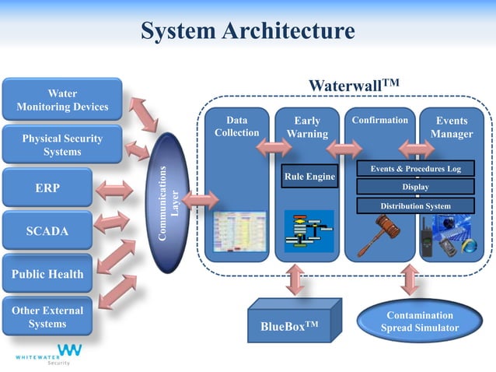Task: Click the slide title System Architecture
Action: point(247,30)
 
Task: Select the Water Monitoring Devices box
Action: point(62,100)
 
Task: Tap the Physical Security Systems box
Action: point(62,145)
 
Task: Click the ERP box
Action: point(47,188)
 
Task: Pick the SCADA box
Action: point(47,231)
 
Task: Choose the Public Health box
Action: point(47,274)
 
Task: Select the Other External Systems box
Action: point(47,317)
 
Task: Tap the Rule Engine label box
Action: point(309,177)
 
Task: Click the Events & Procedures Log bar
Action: point(415,168)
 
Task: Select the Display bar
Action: point(415,187)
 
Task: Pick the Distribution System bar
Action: point(415,205)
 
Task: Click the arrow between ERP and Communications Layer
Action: point(114,188)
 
